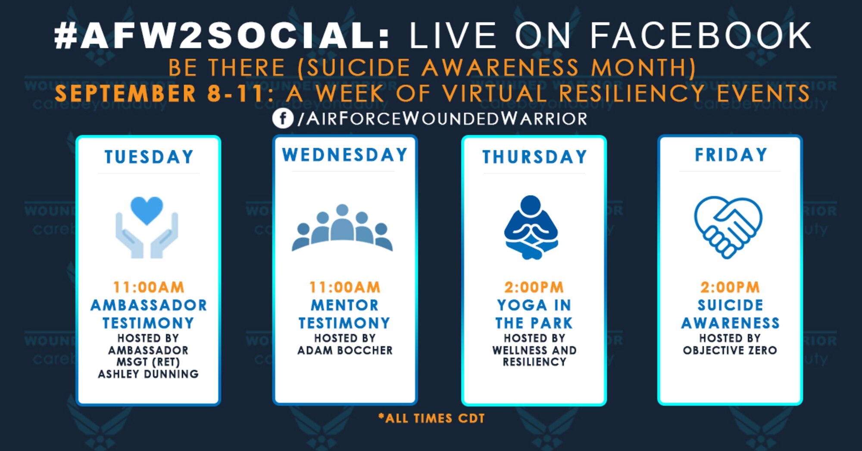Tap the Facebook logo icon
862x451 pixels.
click(x=283, y=118)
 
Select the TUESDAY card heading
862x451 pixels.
click(x=149, y=157)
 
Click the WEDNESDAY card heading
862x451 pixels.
click(x=345, y=155)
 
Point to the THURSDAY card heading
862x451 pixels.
click(x=534, y=157)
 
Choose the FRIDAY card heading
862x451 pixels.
click(x=731, y=155)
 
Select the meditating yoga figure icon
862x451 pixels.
click(x=531, y=227)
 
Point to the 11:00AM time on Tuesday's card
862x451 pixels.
click(x=149, y=287)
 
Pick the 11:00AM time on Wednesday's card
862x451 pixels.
click(x=345, y=287)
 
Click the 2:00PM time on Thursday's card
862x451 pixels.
click(x=534, y=287)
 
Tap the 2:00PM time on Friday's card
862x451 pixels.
click(x=730, y=287)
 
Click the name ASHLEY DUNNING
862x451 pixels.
click(x=148, y=374)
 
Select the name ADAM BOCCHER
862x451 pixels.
click(x=345, y=350)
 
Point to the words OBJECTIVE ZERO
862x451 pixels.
click(x=730, y=350)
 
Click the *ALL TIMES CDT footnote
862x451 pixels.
click(x=431, y=418)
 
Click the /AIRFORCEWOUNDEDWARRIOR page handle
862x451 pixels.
click(x=442, y=118)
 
